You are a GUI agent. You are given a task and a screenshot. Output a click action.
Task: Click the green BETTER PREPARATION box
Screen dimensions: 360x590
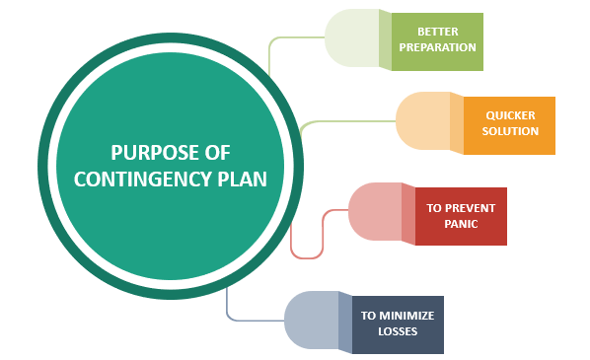coord(437,40)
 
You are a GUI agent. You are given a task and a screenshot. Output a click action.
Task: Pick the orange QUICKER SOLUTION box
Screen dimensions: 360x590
coord(509,124)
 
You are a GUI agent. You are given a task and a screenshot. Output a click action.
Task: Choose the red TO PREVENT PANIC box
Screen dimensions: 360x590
coord(461,216)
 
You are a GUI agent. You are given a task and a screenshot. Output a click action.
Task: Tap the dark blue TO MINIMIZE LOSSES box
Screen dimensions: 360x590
coord(398,324)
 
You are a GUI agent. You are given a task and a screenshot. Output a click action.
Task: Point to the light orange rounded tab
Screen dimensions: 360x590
coord(423,122)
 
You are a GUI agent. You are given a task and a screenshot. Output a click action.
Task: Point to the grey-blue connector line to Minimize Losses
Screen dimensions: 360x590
coord(252,320)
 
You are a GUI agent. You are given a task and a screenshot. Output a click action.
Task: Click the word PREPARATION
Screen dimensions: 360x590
coord(437,47)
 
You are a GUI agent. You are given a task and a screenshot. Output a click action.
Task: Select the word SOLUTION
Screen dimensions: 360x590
coord(511,131)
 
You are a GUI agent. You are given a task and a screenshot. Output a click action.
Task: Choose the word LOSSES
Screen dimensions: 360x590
coord(398,331)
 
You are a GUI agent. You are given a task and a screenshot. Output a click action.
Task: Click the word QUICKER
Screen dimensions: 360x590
coord(511,114)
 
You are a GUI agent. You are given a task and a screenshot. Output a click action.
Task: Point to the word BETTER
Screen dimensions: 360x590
coord(437,31)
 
